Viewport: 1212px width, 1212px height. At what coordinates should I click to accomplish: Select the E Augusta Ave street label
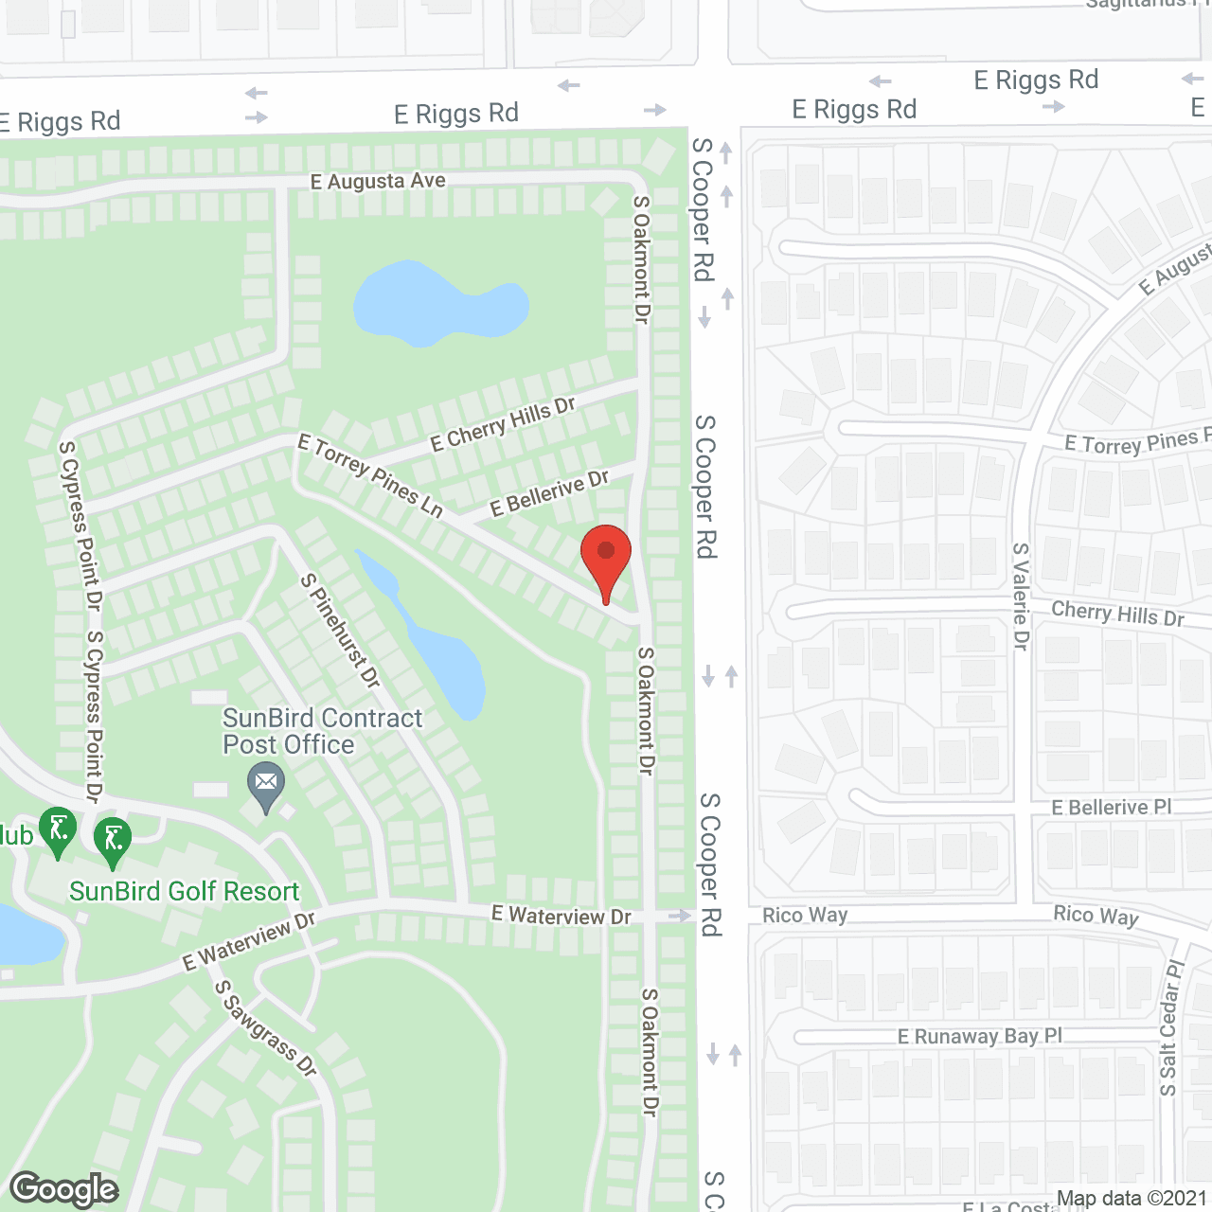click(378, 180)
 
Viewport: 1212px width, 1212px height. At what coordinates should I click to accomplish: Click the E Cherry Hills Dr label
click(503, 424)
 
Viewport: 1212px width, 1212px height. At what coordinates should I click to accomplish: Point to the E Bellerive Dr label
click(549, 493)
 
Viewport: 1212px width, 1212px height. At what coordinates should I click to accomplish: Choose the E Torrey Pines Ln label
click(370, 475)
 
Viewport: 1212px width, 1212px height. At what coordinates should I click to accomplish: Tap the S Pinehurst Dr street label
click(340, 631)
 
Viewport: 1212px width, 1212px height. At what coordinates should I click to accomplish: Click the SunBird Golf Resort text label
click(185, 891)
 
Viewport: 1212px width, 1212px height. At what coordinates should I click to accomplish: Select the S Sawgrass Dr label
click(265, 1027)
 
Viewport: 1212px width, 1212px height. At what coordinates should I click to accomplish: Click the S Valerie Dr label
click(1020, 596)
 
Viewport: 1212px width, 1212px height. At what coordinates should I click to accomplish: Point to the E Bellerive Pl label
click(1112, 808)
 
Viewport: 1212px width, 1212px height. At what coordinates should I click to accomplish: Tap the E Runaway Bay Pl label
click(980, 1037)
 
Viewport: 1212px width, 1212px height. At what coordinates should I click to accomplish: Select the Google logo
click(64, 1189)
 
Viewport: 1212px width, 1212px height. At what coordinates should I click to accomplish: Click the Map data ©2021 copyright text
click(1132, 1199)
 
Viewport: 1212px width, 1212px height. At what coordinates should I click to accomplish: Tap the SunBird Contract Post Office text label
click(322, 731)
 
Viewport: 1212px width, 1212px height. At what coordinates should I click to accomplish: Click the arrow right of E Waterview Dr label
click(680, 916)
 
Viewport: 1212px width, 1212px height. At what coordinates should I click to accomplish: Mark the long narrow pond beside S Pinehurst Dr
click(436, 644)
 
